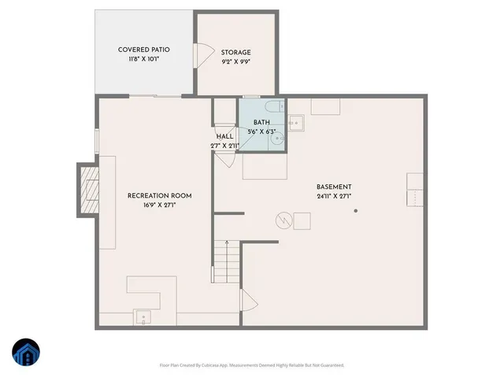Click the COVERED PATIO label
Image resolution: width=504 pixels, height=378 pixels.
[x=144, y=50]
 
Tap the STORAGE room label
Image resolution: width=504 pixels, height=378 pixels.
[x=235, y=52]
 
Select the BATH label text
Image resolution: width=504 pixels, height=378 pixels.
[x=261, y=122]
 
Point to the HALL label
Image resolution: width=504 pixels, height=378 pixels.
[x=224, y=136]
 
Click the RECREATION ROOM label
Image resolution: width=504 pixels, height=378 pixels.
[x=159, y=195]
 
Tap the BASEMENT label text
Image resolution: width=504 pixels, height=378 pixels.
[x=335, y=187]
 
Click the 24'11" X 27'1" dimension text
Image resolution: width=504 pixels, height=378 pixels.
[x=334, y=196]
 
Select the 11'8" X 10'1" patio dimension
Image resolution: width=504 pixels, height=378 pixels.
[x=144, y=59]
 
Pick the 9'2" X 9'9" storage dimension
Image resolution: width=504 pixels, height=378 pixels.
[x=235, y=61]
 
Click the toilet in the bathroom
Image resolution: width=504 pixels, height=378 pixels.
[x=269, y=106]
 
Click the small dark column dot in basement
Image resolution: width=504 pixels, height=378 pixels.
[x=356, y=210]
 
